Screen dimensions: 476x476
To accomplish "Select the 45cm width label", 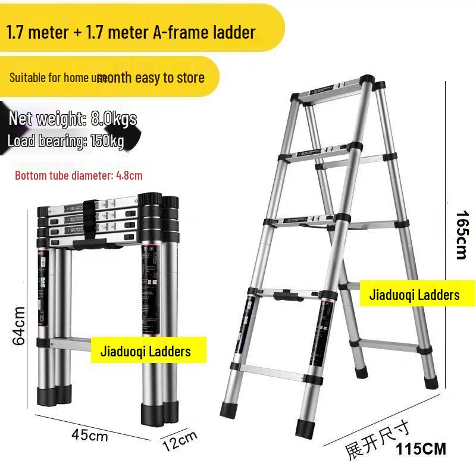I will pos(90,435).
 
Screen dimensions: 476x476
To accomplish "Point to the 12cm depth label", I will pos(179,441).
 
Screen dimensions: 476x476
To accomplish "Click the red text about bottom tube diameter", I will pos(79,176).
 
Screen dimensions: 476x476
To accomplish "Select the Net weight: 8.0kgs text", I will pos(73,118).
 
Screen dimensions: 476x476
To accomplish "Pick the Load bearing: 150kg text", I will pos(65,141).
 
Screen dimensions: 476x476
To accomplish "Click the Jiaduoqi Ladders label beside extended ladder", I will pos(414,295).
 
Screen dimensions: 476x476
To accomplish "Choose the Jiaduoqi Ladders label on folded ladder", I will pos(149,351).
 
